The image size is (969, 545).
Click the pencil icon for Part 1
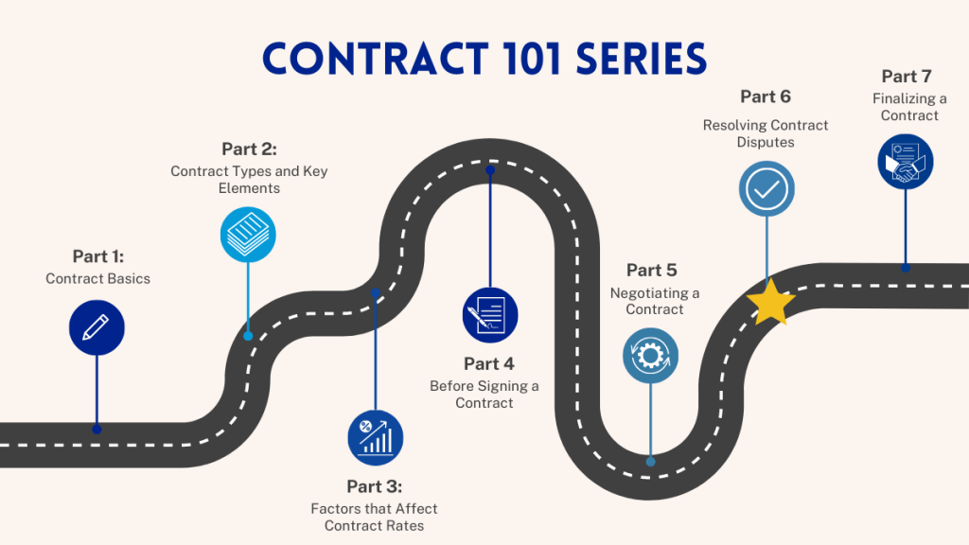coord(97,327)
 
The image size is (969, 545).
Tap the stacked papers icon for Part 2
coord(248,233)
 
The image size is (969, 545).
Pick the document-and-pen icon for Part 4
coord(490,314)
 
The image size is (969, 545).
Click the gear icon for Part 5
coord(650,356)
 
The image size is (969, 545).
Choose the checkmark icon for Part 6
coord(766,188)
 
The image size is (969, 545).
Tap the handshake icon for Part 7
coord(906,161)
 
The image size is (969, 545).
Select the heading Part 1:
coord(98,256)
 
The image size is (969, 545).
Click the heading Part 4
coord(489,364)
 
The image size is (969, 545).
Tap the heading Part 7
coord(906,77)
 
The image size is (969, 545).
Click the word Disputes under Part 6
coord(766,142)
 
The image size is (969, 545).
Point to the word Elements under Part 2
coord(250,188)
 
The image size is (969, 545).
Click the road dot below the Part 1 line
coord(97,429)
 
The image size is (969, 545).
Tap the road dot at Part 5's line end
coord(650,462)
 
